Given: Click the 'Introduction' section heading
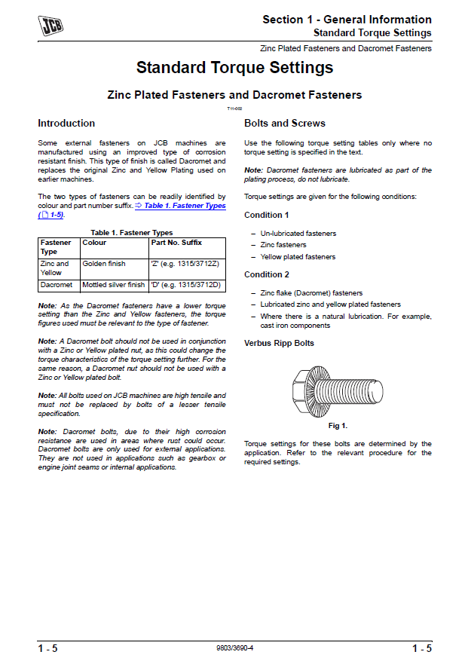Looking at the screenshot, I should tap(66, 124).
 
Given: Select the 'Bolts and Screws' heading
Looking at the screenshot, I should tap(285, 124).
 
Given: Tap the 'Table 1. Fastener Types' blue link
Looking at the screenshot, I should tap(185, 206).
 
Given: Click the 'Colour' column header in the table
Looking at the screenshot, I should tap(94, 243).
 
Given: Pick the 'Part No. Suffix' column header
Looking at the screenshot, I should tap(176, 243).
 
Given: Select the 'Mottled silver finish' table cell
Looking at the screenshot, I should tap(113, 285).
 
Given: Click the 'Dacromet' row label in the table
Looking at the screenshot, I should tap(57, 285).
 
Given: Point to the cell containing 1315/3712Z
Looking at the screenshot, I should tap(185, 264).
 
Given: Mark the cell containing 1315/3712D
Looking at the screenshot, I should tap(185, 285).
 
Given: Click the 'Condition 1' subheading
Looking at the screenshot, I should tap(267, 216).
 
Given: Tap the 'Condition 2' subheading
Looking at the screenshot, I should tap(267, 275).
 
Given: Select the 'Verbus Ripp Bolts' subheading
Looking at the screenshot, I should tap(280, 344).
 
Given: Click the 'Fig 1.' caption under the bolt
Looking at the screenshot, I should tap(338, 426).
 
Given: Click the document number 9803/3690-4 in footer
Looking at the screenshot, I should tap(234, 648).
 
